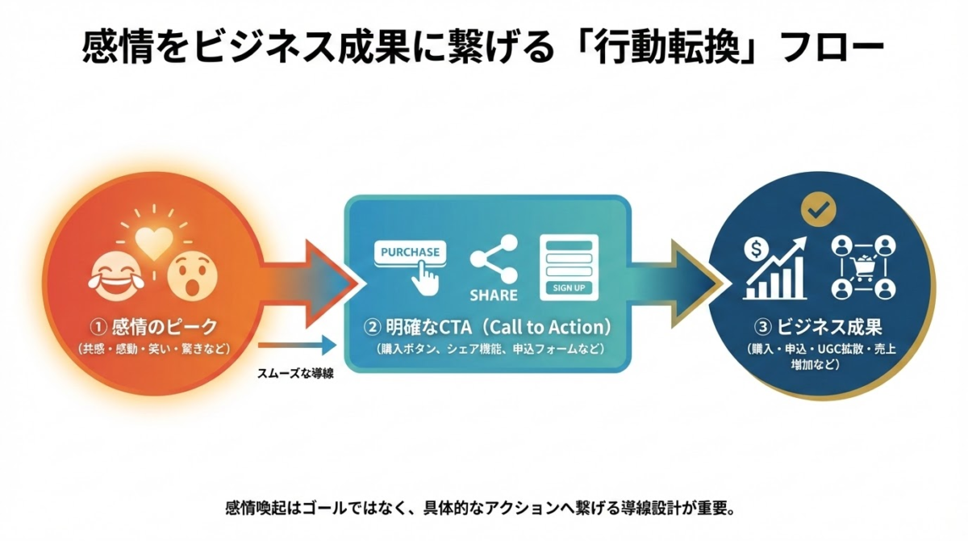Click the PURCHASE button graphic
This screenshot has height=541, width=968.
(x=410, y=251)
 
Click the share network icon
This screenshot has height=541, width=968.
(x=493, y=258)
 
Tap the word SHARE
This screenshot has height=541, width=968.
(x=494, y=295)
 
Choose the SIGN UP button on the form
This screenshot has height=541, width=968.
(x=569, y=287)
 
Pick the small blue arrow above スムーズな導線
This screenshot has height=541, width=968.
(x=296, y=346)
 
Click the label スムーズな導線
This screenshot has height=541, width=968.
(x=295, y=374)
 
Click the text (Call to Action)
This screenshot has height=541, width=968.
(x=549, y=327)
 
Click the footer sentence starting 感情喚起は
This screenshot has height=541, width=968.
(x=482, y=510)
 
